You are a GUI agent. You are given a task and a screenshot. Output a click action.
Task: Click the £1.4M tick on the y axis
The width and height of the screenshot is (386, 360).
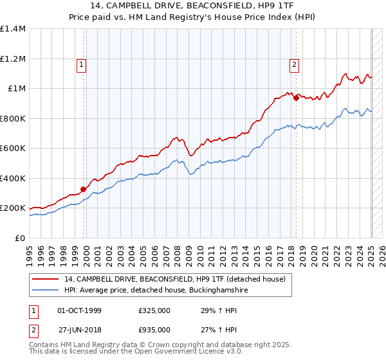point(14,29)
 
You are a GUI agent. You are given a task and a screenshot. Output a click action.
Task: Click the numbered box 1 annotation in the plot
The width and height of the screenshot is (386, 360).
point(82,64)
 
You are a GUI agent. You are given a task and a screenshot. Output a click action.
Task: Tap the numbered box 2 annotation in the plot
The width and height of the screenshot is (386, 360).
point(294,64)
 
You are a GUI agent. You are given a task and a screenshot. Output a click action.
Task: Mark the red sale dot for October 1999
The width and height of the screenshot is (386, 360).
point(83,190)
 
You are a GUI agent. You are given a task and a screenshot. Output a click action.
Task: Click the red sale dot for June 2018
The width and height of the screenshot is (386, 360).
point(296,98)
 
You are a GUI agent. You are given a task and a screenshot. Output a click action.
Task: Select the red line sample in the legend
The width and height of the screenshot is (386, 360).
point(46,279)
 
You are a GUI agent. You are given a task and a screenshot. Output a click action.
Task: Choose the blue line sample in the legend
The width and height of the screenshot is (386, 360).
point(46,291)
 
